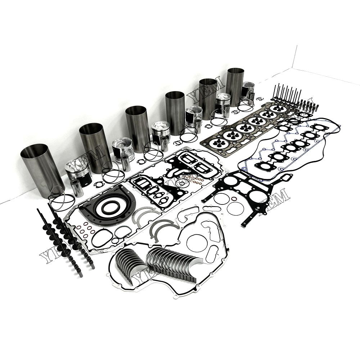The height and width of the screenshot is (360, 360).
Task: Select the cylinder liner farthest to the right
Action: (235, 86)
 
